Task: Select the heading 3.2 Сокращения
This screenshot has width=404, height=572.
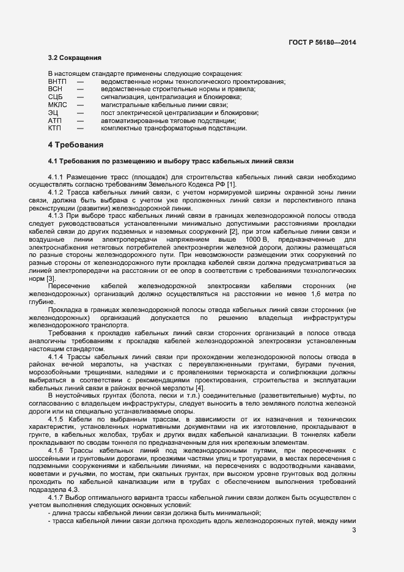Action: [74, 58]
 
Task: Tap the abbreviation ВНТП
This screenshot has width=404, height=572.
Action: [57, 81]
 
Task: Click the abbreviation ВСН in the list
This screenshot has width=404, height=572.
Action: [55, 89]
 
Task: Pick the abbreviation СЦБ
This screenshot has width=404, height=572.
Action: [55, 97]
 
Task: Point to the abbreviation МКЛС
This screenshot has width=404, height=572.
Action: [57, 105]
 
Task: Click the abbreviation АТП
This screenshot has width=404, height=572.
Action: [54, 121]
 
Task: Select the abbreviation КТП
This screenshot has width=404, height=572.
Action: [54, 128]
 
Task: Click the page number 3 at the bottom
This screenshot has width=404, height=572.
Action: [354, 530]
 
